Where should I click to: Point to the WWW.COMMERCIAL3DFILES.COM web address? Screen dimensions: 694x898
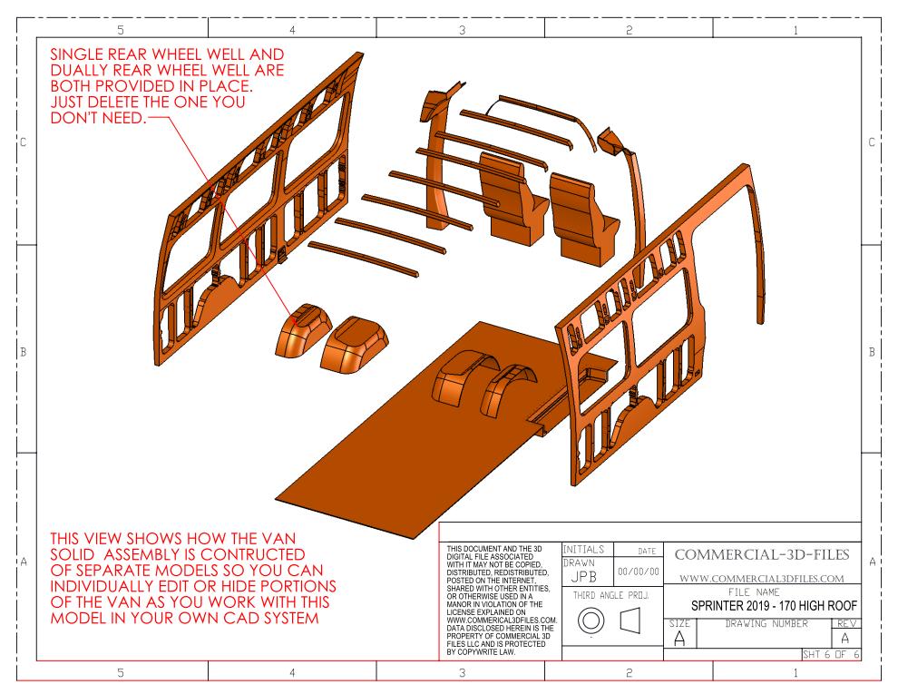click(761, 579)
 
